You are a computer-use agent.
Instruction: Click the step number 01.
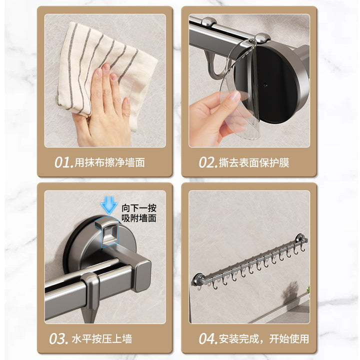(x=64, y=162)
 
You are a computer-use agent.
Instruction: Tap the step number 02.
(x=208, y=162)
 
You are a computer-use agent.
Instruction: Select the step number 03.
(x=58, y=339)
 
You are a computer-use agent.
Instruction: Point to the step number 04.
(x=208, y=339)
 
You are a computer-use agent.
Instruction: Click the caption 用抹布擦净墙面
(x=109, y=162)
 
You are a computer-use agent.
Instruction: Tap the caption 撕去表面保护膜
(x=254, y=162)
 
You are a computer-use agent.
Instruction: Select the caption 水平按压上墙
(x=102, y=339)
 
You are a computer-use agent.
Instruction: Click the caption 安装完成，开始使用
(x=264, y=339)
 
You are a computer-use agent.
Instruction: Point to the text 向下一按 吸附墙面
(x=139, y=213)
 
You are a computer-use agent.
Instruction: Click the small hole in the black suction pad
(x=265, y=85)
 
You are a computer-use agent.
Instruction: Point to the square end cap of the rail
(x=143, y=276)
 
